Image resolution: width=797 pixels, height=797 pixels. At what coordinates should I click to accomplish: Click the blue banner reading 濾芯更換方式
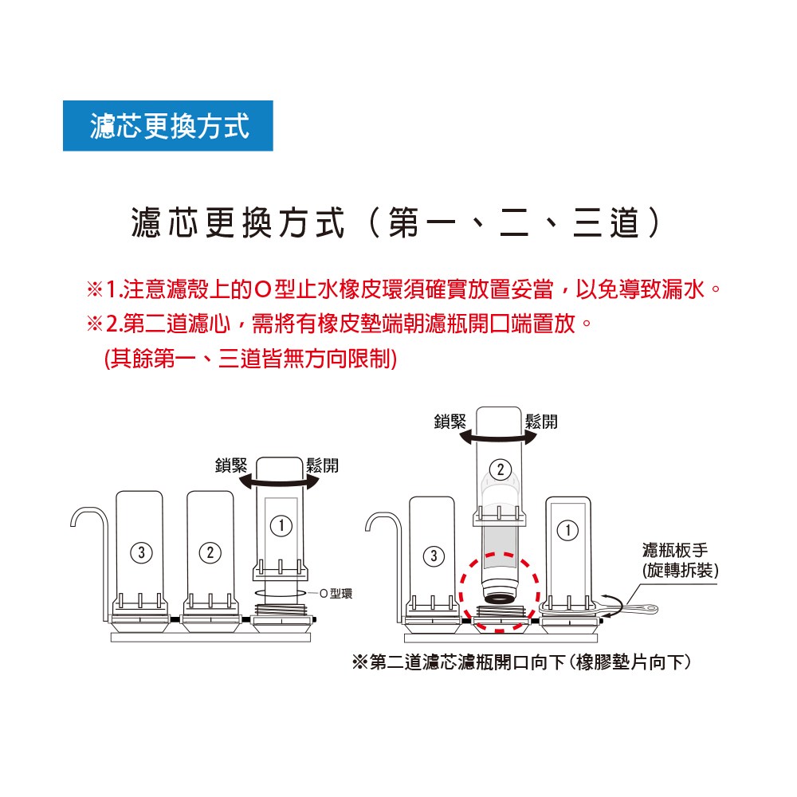167,126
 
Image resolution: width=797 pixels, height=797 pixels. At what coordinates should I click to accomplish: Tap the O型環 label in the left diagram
336,593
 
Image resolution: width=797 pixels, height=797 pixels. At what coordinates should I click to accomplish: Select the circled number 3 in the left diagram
141,552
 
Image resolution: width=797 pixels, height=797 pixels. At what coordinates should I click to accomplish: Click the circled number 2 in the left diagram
210,552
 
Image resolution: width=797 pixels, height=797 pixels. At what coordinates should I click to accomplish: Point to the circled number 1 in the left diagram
281,525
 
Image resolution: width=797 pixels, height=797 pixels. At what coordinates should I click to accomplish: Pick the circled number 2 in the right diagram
501,469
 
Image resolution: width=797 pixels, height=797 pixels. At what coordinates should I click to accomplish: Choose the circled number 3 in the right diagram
434,556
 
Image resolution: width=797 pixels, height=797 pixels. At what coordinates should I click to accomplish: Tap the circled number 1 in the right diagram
567,531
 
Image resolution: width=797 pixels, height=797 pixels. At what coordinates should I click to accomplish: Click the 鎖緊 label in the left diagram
231,465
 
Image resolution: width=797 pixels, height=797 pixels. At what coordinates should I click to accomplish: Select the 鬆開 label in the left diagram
322,465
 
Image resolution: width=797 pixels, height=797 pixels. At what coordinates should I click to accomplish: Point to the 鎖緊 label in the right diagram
450,422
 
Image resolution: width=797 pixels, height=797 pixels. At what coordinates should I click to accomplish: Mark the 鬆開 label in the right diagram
541,422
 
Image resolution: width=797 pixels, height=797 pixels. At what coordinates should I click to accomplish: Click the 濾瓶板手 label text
675,550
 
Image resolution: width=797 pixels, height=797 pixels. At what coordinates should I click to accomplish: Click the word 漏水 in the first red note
683,290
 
